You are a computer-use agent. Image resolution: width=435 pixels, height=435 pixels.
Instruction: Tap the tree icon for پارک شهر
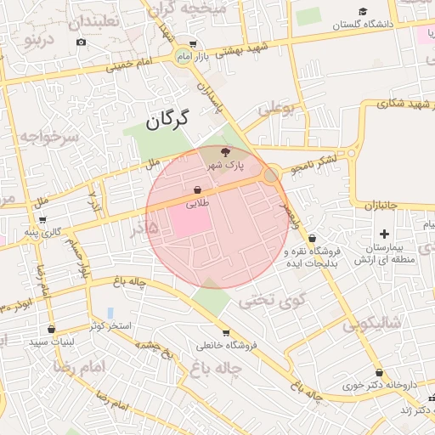224,151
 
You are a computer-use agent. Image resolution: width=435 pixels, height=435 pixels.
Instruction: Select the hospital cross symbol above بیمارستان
384,233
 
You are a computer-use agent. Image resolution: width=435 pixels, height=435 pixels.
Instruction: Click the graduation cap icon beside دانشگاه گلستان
363,12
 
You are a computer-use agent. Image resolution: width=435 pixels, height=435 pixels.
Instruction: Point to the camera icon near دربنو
81,42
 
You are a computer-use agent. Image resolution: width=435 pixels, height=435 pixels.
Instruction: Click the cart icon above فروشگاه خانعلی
225,332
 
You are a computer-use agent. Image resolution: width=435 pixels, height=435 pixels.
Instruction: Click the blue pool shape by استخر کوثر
110,314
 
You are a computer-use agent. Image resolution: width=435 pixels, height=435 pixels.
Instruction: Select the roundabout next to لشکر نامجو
271,176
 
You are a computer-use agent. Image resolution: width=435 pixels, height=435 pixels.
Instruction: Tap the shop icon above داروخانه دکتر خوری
379,373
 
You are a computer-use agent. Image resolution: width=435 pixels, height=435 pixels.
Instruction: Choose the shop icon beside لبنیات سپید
52,329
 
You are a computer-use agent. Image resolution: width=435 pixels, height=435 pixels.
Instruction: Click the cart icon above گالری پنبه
42,220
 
